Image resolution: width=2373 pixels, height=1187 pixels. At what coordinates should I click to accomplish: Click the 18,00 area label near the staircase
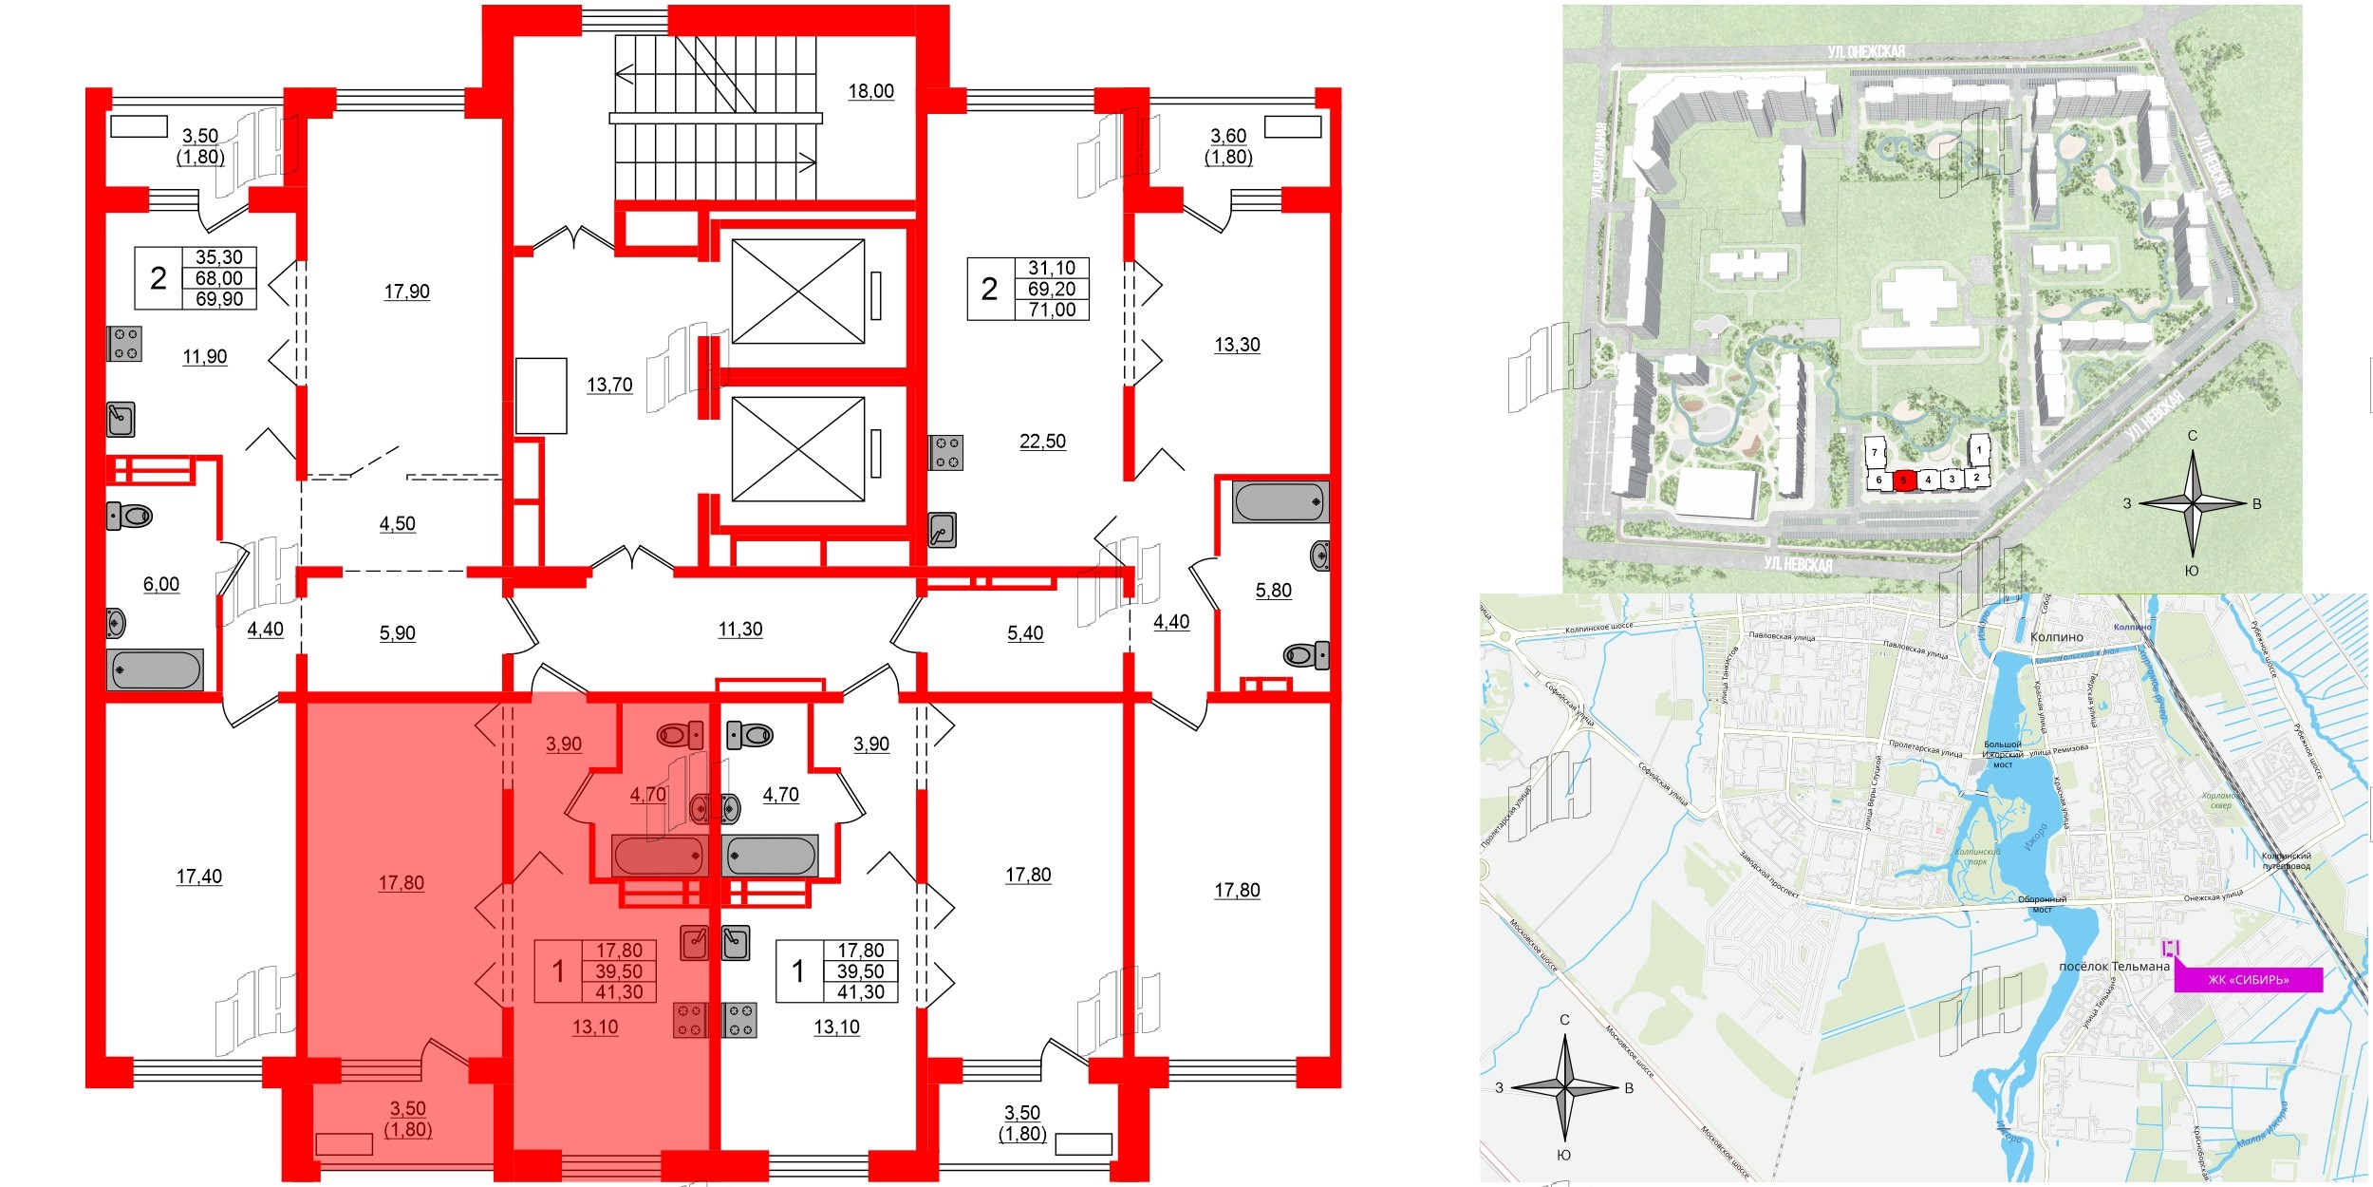pos(870,91)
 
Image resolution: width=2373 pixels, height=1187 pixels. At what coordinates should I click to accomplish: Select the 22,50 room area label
pos(1042,442)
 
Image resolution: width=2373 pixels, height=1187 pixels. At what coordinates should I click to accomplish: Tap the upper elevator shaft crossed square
pos(798,292)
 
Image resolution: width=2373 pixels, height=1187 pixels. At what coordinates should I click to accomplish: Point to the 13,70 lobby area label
pos(609,385)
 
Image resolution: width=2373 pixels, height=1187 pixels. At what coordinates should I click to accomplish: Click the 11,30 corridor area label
pos(739,629)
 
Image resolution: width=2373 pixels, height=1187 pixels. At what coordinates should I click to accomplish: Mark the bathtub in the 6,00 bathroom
pos(155,669)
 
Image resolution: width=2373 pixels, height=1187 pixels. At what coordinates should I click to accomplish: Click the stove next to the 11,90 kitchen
pos(124,344)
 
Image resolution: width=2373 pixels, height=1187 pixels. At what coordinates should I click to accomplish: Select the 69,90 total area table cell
pos(219,299)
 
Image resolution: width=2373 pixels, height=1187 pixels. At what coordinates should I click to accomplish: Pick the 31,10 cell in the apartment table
pos(1052,269)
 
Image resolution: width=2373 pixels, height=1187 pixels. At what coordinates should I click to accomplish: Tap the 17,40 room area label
pos(199,876)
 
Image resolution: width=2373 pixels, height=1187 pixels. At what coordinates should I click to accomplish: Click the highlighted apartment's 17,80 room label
pos(401,883)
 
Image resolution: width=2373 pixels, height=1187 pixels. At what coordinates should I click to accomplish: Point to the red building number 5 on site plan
pos(1902,480)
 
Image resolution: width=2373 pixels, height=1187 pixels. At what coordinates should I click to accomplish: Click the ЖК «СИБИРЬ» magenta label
pos(2248,980)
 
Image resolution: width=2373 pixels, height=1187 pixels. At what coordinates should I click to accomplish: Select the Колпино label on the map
pos(2056,637)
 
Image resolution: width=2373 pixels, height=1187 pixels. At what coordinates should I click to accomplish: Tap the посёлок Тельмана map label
pos(2114,966)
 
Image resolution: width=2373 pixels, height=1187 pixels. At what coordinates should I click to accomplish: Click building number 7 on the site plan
pos(1875,453)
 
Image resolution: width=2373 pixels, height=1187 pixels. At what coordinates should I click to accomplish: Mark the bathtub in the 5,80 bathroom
pos(1280,502)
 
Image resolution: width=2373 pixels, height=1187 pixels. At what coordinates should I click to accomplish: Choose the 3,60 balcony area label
pos(1228,136)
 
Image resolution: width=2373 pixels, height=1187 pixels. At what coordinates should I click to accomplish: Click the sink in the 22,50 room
pos(942,530)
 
